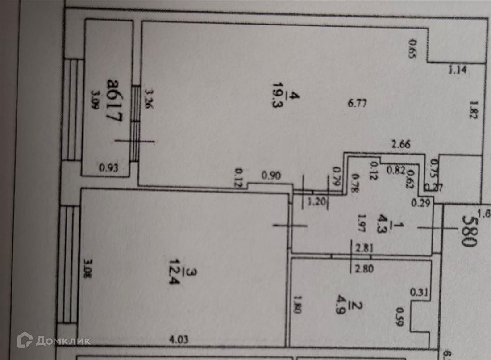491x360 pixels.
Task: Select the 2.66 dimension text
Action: point(400,145)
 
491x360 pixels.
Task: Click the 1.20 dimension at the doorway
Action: point(317,201)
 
